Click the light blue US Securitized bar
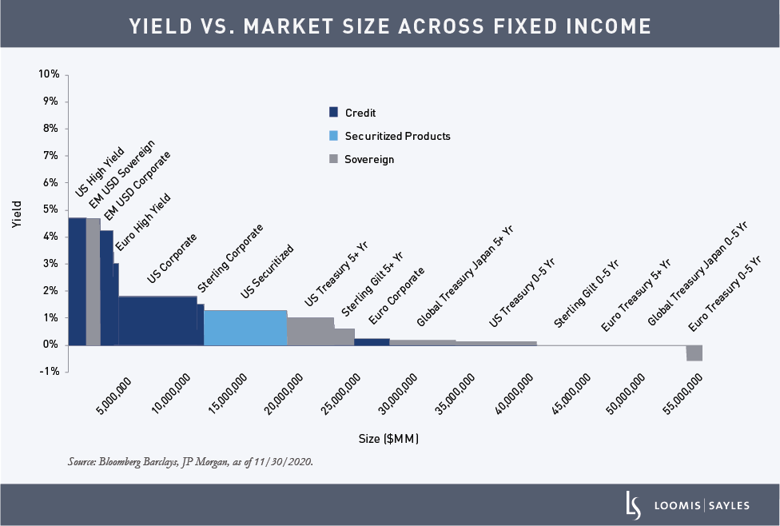[x=245, y=327]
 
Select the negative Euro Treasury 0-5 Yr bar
[x=694, y=353]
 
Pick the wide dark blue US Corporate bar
[x=157, y=321]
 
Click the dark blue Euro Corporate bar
[x=372, y=341]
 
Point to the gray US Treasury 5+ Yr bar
[x=310, y=331]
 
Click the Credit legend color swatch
[x=334, y=113]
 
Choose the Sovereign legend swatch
[x=334, y=159]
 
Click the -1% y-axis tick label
[x=48, y=372]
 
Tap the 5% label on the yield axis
[x=50, y=209]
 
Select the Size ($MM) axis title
[x=388, y=439]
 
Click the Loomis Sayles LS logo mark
[x=631, y=504]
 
